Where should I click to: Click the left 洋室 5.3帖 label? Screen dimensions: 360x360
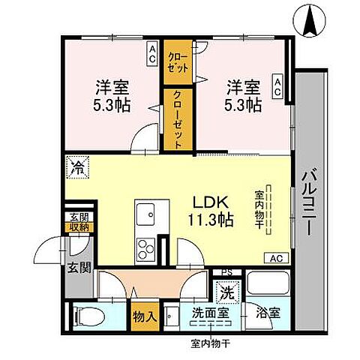pyautogui.click(x=112, y=95)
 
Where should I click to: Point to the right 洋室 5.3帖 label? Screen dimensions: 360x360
pyautogui.click(x=244, y=95)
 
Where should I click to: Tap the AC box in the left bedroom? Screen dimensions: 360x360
pyautogui.click(x=151, y=54)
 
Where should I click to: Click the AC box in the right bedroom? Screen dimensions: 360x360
pyautogui.click(x=277, y=87)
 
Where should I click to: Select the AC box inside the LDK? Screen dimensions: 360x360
pyautogui.click(x=274, y=258)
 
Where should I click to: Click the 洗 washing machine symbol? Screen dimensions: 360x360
pyautogui.click(x=226, y=289)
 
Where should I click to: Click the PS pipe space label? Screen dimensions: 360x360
pyautogui.click(x=226, y=273)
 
